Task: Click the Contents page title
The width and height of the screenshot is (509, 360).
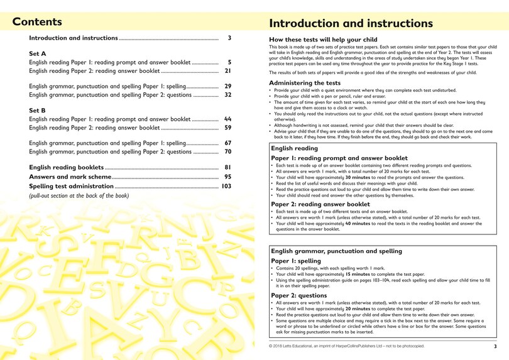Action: pos(37,22)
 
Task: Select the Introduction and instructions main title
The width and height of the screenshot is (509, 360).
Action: pos(351,24)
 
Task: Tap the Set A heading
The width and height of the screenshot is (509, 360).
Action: pos(37,54)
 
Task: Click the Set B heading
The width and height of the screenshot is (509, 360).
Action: pos(37,111)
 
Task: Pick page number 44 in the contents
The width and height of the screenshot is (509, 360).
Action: pos(227,119)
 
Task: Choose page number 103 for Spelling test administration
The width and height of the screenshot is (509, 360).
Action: pos(226,187)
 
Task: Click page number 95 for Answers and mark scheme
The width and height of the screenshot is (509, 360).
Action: pos(227,177)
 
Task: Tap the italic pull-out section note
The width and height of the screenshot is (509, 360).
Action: pos(79,196)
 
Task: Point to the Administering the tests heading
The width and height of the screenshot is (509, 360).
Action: pos(305,83)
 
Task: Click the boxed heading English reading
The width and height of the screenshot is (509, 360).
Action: pos(294,148)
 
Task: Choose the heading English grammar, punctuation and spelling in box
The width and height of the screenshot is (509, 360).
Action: pos(336,251)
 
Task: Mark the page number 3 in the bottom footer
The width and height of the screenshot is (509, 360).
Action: pos(495,346)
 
